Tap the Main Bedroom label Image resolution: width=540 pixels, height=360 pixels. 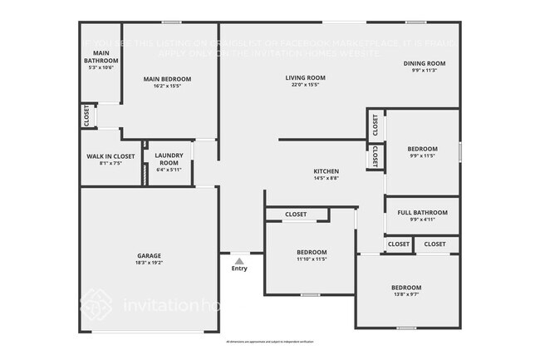click(x=167, y=80)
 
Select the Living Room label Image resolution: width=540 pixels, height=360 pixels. click(x=305, y=78)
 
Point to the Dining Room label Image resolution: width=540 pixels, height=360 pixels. click(x=425, y=63)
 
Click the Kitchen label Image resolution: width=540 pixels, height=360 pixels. click(x=325, y=171)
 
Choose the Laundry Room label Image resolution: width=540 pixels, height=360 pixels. click(x=169, y=160)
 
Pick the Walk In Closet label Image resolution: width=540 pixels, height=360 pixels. click(x=110, y=156)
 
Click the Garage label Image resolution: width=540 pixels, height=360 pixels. click(x=150, y=255)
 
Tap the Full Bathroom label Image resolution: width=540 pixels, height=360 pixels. click(x=422, y=213)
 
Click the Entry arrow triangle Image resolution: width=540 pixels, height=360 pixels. click(x=239, y=260)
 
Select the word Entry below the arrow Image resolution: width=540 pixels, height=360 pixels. click(x=239, y=269)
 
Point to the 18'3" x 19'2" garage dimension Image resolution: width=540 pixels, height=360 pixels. click(x=150, y=263)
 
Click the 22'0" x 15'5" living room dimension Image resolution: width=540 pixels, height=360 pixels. click(x=305, y=85)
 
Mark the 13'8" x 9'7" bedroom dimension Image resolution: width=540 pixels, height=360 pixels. click(x=406, y=294)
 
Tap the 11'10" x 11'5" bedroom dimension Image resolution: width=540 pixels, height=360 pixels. click(x=312, y=259)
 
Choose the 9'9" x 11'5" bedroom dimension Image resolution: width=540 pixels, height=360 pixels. click(x=422, y=155)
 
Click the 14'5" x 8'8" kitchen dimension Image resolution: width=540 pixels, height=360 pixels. click(x=325, y=178)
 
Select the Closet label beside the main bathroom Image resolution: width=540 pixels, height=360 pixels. click(x=87, y=116)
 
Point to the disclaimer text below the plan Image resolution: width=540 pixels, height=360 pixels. click(x=269, y=342)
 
